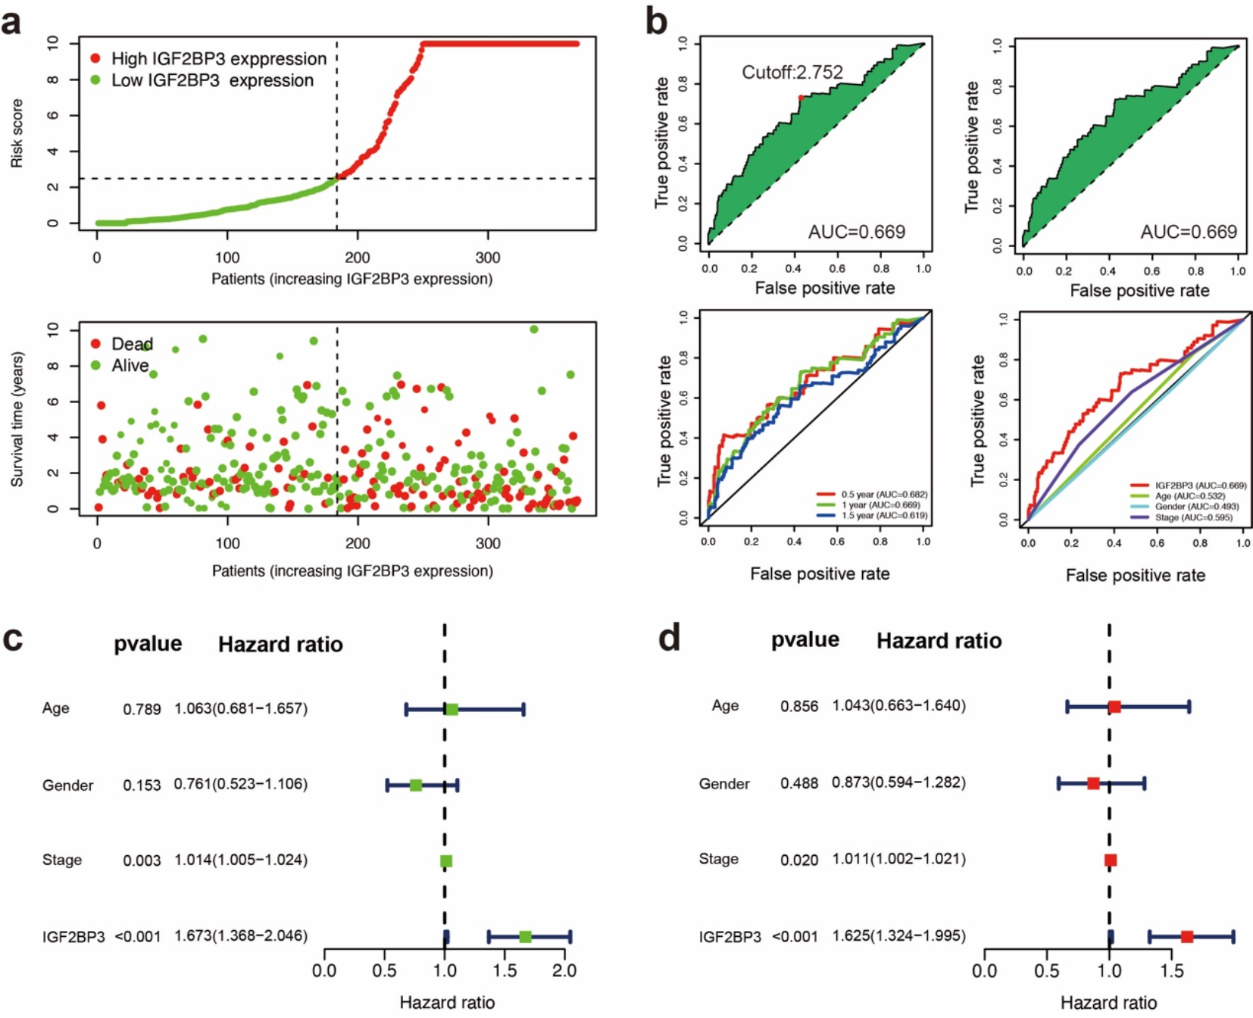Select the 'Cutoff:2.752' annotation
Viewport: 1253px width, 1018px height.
click(792, 73)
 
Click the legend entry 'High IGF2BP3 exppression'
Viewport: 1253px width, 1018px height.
click(219, 59)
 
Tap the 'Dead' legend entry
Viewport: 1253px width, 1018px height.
click(132, 344)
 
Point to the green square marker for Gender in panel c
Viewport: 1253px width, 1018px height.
click(415, 785)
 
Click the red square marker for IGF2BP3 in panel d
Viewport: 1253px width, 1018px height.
click(1187, 937)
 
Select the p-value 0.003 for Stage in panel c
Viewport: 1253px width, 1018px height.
click(142, 860)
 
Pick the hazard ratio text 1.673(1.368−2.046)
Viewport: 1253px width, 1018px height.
click(241, 936)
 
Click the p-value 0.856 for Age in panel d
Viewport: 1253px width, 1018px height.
click(799, 706)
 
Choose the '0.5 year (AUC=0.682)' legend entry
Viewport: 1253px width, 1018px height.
click(883, 495)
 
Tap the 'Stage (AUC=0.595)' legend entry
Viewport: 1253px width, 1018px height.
click(1193, 517)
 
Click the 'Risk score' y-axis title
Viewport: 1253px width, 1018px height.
click(17, 133)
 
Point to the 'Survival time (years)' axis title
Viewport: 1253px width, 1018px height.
click(17, 419)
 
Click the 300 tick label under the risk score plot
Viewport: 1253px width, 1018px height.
click(487, 258)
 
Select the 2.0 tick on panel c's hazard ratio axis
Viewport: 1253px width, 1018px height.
click(564, 970)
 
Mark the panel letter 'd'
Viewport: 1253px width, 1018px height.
click(669, 638)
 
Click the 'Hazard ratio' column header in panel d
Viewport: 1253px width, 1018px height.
click(939, 641)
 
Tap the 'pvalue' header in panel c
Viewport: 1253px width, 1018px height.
click(148, 644)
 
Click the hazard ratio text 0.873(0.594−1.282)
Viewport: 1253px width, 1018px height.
click(898, 782)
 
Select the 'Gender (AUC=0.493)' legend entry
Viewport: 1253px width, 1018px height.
click(1196, 507)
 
